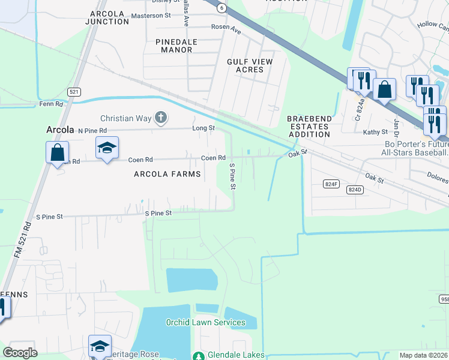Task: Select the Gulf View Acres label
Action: point(250,65)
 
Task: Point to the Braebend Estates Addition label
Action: point(308,127)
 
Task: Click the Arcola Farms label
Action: point(167,174)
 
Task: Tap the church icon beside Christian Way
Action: point(160,118)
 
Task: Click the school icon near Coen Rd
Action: point(107,149)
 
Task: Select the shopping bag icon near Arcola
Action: point(58,152)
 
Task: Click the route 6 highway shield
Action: point(222,7)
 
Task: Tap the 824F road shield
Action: point(331,184)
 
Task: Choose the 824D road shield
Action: point(355,189)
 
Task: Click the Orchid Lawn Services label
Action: point(205,322)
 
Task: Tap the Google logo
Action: point(20,353)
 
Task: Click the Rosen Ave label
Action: point(225,27)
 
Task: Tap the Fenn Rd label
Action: point(51,104)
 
